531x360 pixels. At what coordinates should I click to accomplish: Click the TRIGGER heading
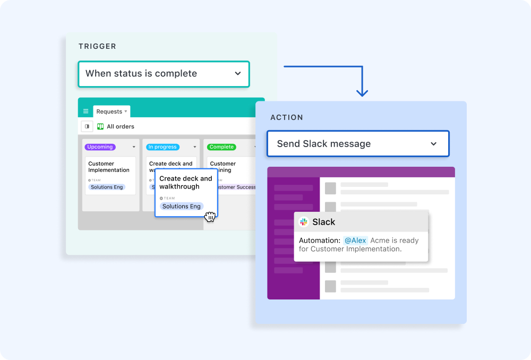click(97, 46)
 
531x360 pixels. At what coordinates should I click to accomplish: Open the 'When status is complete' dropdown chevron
click(238, 74)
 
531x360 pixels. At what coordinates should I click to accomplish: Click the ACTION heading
click(287, 117)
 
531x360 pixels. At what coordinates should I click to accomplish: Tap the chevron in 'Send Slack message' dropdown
click(433, 144)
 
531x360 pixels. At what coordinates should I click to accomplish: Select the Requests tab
click(109, 112)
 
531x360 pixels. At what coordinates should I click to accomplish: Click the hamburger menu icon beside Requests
click(86, 112)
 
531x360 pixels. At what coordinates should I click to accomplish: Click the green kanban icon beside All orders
click(100, 126)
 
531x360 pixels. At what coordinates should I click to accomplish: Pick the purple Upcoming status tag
click(100, 147)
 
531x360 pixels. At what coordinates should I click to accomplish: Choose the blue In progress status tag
click(162, 147)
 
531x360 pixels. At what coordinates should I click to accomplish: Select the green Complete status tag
click(221, 147)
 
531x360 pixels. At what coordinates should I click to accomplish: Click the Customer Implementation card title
click(109, 167)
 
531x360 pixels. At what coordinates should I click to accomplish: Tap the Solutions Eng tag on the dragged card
click(182, 206)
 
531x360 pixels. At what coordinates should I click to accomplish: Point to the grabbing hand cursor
click(210, 217)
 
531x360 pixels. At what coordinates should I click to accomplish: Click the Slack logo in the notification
click(304, 222)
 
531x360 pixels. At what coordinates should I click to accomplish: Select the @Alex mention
click(355, 241)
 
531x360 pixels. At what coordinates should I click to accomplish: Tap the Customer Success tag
click(235, 187)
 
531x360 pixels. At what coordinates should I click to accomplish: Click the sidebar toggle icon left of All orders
click(87, 126)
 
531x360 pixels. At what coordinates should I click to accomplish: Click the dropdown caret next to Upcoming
click(133, 147)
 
